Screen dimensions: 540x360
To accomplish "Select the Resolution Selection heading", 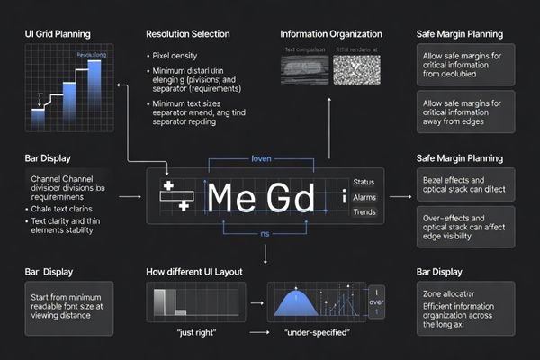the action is (188, 34).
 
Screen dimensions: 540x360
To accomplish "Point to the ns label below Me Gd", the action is (265, 232).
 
